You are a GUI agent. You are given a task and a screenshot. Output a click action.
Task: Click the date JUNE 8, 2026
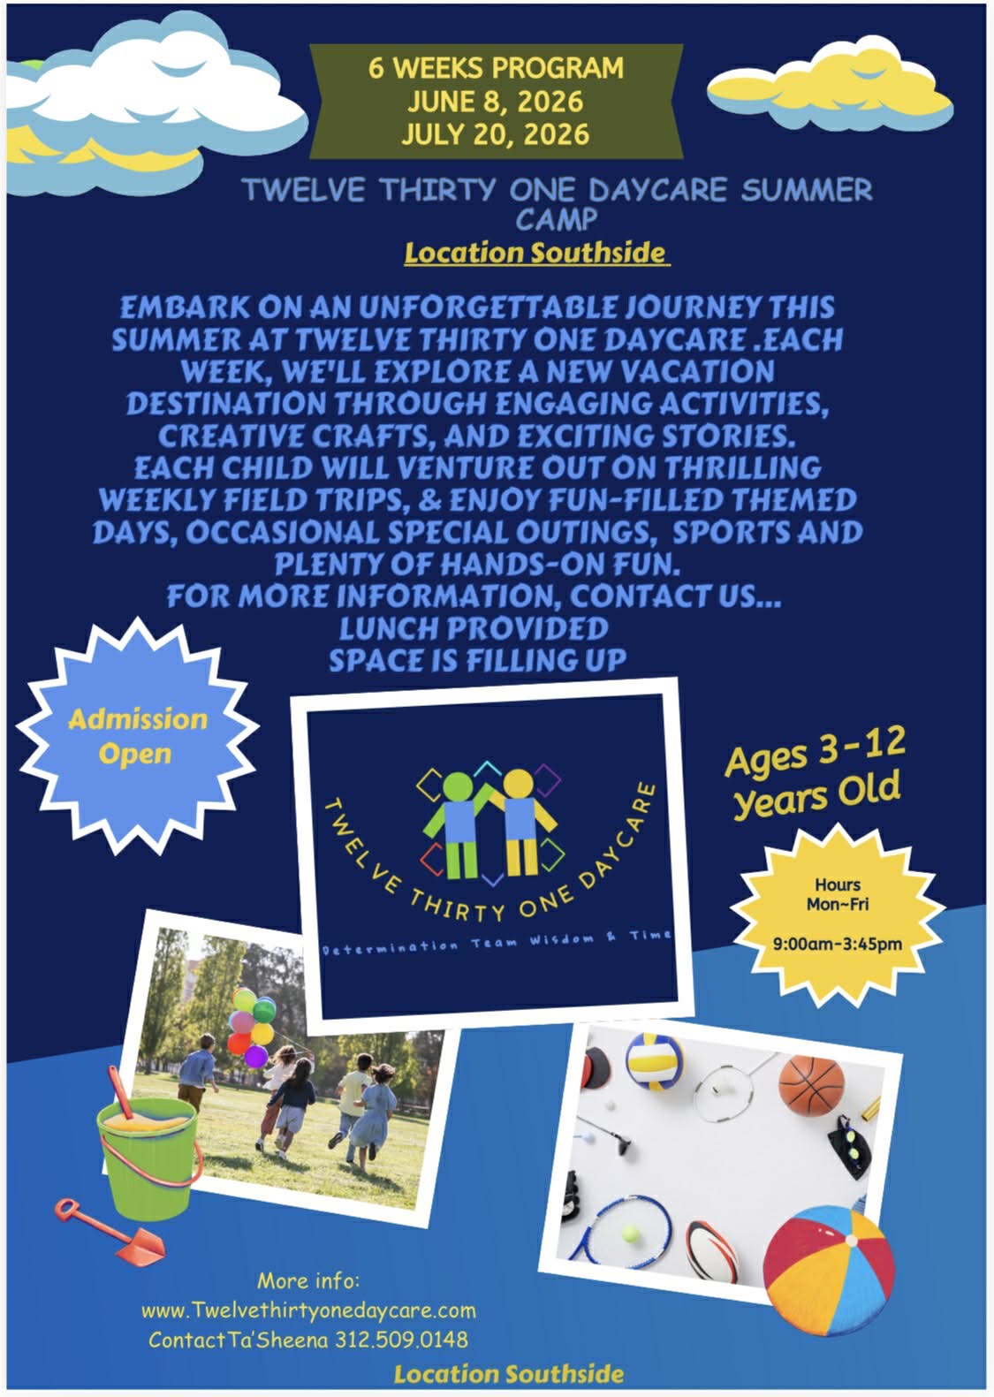pyautogui.click(x=496, y=102)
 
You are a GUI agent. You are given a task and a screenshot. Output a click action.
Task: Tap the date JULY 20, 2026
pyautogui.click(x=496, y=134)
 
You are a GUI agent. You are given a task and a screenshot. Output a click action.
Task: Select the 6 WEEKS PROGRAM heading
pyautogui.click(x=496, y=68)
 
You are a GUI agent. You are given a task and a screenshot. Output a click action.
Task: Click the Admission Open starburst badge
pyautogui.click(x=137, y=737)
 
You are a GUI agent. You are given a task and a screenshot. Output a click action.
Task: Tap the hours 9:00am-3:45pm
pyautogui.click(x=838, y=944)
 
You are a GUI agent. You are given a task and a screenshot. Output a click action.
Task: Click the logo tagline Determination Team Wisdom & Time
pyautogui.click(x=497, y=941)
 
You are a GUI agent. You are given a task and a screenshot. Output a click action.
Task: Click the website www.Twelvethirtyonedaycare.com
pyautogui.click(x=308, y=1310)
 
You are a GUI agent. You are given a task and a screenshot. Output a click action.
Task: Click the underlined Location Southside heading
pyautogui.click(x=535, y=254)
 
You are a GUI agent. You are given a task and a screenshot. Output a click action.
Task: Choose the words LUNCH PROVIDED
pyautogui.click(x=474, y=628)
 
